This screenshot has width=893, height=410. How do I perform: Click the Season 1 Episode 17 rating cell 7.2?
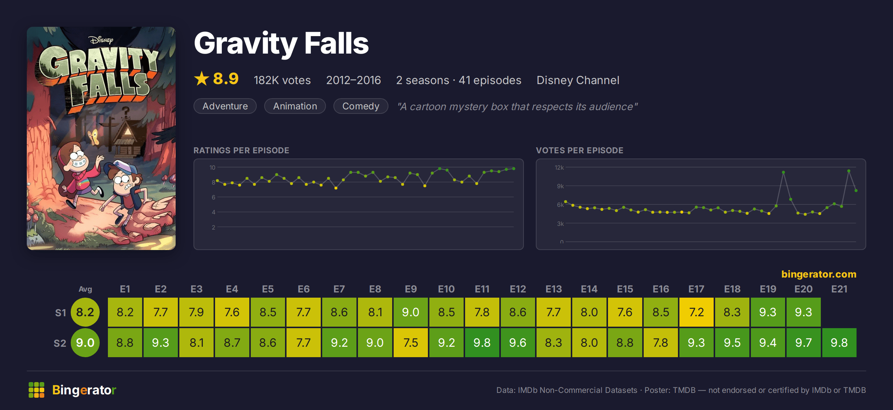click(x=696, y=312)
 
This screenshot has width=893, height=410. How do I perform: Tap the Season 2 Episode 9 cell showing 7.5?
click(x=410, y=343)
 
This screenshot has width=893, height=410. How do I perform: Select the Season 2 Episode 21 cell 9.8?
click(x=839, y=343)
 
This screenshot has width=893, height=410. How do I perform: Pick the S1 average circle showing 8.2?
click(x=85, y=312)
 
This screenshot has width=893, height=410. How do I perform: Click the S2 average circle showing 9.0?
click(x=85, y=343)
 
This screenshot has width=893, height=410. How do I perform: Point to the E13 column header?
click(x=553, y=289)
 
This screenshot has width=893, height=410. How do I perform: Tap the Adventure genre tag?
click(x=225, y=106)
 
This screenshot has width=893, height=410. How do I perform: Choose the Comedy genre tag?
click(x=361, y=106)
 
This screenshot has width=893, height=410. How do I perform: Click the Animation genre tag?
click(x=295, y=106)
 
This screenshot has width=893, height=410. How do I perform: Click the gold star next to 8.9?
click(x=202, y=79)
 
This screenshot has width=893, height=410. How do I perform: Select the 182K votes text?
click(x=282, y=80)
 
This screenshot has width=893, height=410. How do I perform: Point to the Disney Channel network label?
click(x=578, y=80)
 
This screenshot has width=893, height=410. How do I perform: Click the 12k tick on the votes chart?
click(x=559, y=168)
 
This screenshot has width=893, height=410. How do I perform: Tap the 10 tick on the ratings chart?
click(x=212, y=168)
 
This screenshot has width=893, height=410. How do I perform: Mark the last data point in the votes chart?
click(x=856, y=190)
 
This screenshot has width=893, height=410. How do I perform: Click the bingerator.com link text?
click(x=819, y=274)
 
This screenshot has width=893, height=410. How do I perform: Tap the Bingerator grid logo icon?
click(x=36, y=390)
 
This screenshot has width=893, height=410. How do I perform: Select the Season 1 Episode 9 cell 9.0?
click(x=410, y=312)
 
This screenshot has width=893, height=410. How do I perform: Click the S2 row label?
click(x=60, y=343)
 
